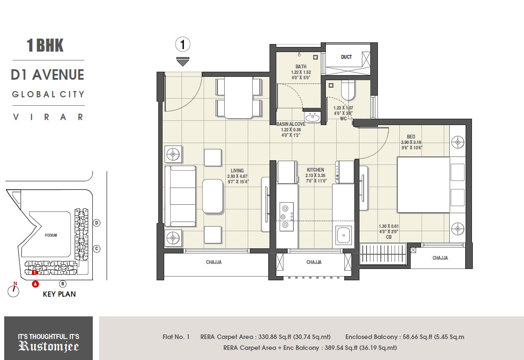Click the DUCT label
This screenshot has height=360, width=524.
coord(346,57)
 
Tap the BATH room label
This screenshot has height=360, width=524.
coord(301,66)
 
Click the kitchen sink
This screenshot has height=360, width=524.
coord(343,235)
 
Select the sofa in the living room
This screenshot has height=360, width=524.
coord(180,196)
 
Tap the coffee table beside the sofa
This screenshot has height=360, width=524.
coord(212,196)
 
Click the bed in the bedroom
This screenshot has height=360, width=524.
coord(423,185)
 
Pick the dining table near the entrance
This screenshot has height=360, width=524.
coord(238,97)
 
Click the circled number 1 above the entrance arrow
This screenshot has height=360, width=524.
coord(183,44)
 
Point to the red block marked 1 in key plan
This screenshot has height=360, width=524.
coord(35,272)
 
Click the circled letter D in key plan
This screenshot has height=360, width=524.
coord(97,223)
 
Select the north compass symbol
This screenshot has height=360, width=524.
coord(14,291)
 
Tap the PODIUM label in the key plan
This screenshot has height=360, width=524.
coord(51,235)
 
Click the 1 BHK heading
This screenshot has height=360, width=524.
coord(45,45)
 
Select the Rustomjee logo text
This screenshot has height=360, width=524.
coord(48,346)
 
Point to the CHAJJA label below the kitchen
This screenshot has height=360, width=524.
coord(314,262)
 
